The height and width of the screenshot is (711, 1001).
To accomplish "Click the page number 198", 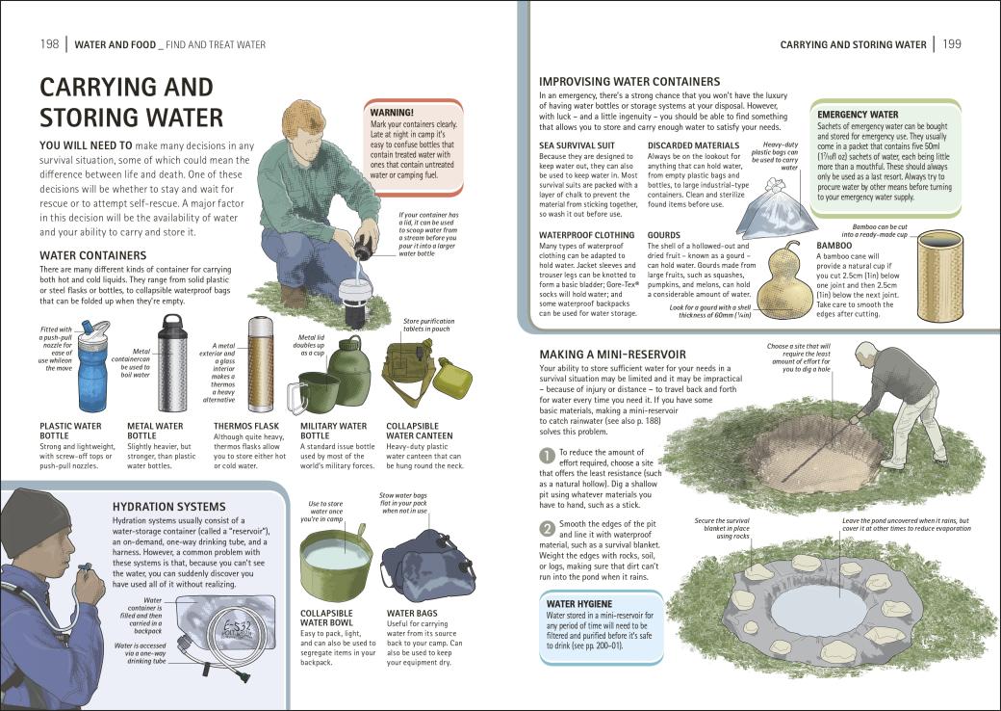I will tap(49, 44).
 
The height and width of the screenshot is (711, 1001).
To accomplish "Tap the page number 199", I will tap(952, 44).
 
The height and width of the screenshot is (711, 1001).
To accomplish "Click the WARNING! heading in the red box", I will tap(392, 113).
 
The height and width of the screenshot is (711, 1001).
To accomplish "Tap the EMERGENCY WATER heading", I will tap(858, 115).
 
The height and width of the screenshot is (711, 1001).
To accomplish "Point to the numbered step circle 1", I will tap(546, 455).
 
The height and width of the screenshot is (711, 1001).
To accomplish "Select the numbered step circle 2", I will tap(546, 527).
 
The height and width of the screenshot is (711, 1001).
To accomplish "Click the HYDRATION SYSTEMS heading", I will tap(168, 506).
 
